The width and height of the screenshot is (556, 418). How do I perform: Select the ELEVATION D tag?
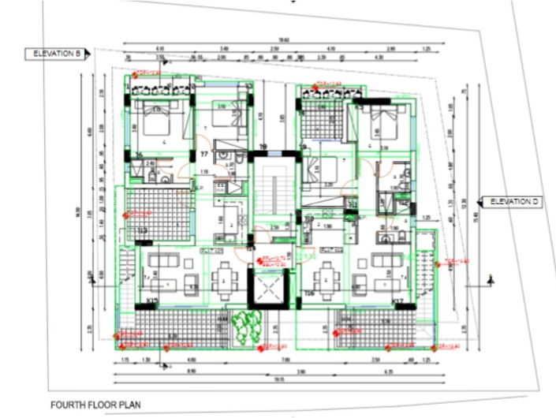(x=513, y=202)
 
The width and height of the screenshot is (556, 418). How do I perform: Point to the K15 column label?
(x=153, y=301)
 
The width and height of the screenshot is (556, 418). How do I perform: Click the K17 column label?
(x=397, y=301)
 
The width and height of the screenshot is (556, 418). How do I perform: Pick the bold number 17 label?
(x=203, y=155)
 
